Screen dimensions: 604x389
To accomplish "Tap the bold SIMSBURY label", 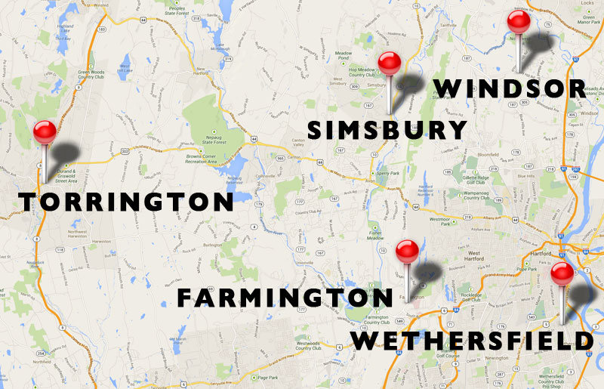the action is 388,130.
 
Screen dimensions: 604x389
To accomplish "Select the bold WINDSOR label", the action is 510,88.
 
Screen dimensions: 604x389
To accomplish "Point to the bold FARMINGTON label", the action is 285,298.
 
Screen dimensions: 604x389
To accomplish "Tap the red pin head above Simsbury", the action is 389,63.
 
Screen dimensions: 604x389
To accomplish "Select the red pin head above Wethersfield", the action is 562,273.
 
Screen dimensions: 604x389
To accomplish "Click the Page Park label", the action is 268,377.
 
